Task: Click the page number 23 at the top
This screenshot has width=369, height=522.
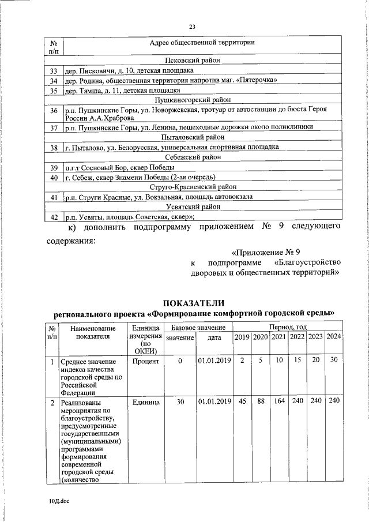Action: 192,26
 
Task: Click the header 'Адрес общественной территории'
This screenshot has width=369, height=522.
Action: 202,43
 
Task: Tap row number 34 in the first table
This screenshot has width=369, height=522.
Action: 53,80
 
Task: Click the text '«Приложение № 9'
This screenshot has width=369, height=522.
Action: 265,252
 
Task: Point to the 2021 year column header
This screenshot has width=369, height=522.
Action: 278,337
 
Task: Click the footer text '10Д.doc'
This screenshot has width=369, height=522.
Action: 59,502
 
